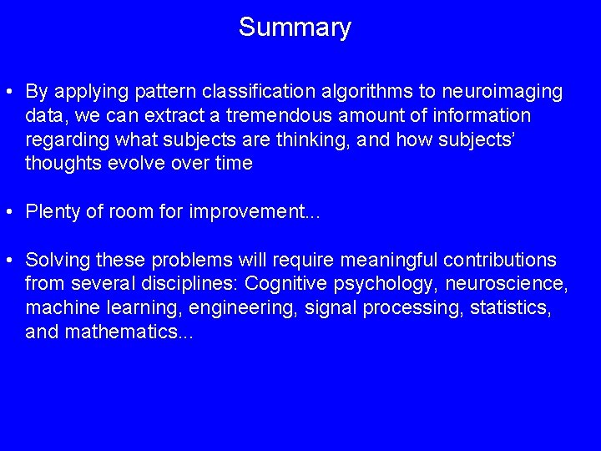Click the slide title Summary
[295, 28]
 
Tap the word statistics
[510, 308]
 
